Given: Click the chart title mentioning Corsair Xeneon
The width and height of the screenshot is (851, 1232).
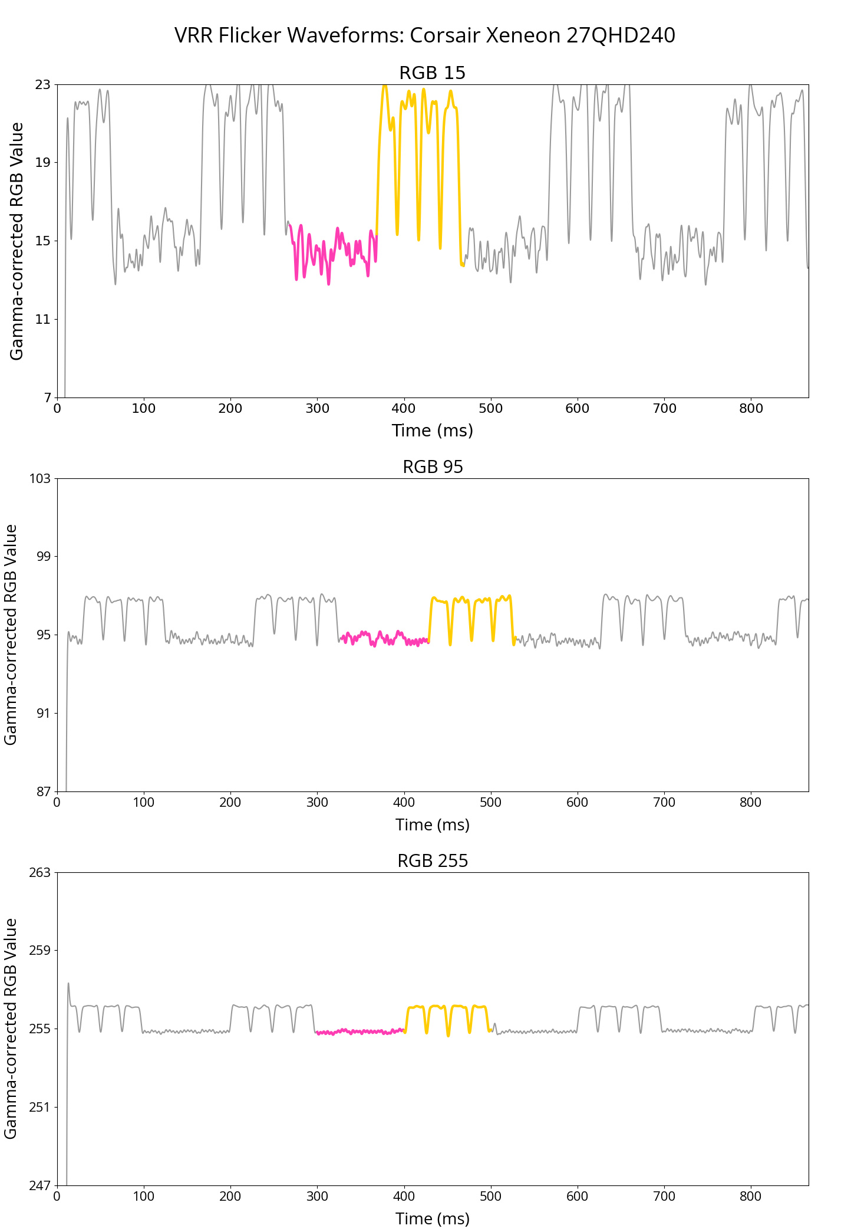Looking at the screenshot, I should point(424,35).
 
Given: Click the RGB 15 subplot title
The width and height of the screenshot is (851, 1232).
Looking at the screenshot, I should point(432,73).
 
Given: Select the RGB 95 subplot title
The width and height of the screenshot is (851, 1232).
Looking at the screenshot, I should point(433,467).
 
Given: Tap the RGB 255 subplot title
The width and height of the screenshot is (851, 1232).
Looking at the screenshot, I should point(433,861).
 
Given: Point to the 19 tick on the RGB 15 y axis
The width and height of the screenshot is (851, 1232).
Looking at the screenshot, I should point(43,163).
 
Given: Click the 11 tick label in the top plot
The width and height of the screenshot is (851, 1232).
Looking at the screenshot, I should point(43,320).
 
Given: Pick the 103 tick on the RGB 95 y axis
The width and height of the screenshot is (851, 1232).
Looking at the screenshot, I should point(39,478).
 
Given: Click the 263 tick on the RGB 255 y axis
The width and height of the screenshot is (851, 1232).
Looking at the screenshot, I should point(39,872).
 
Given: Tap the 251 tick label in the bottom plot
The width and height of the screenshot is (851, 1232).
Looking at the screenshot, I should point(39,1108).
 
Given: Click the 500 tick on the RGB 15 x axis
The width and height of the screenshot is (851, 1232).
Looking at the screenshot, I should point(491,409).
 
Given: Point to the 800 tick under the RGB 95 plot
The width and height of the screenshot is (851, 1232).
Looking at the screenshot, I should point(751,803).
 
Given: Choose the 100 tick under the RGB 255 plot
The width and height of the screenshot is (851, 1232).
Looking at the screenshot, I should point(144,1197).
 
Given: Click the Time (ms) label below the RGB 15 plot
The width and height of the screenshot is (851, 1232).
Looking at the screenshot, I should point(433,431).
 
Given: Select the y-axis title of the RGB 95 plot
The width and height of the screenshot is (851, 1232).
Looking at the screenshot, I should point(11,635).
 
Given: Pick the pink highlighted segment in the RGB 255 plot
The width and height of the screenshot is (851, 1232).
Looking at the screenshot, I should point(359,1031).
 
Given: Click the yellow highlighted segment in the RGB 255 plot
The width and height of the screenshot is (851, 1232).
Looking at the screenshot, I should point(439,1006).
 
